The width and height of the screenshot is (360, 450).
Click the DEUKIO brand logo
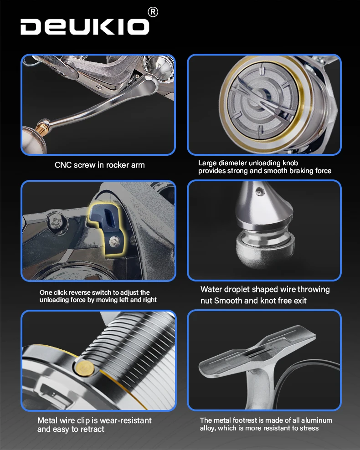click(x=85, y=27)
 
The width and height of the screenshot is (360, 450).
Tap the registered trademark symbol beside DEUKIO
click(x=153, y=12)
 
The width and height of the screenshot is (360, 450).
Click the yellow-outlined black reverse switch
click(x=107, y=229)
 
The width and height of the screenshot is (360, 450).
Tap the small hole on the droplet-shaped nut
click(x=260, y=191)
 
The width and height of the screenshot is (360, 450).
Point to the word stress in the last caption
click(x=309, y=428)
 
